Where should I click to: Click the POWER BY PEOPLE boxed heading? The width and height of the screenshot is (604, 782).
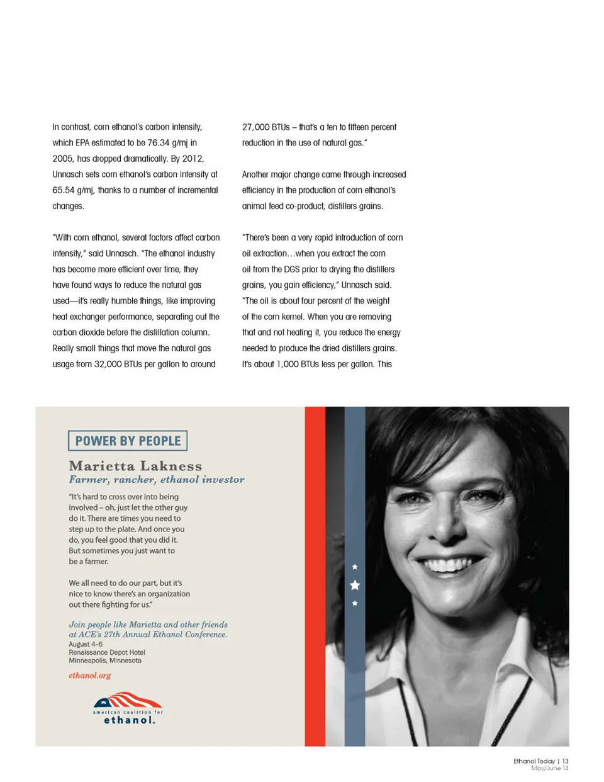pyautogui.click(x=128, y=441)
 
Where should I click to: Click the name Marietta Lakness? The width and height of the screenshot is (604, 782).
pyautogui.click(x=135, y=466)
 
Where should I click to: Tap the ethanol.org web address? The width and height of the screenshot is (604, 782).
pyautogui.click(x=89, y=676)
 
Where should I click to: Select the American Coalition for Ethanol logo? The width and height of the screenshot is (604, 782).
pyautogui.click(x=128, y=709)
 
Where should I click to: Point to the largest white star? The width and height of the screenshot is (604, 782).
pyautogui.click(x=355, y=586)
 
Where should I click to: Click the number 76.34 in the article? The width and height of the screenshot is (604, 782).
pyautogui.click(x=159, y=143)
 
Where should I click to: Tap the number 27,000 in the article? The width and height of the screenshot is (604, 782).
pyautogui.click(x=256, y=127)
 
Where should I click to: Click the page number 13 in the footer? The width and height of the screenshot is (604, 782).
pyautogui.click(x=565, y=761)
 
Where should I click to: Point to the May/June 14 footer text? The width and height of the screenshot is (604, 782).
pyautogui.click(x=549, y=768)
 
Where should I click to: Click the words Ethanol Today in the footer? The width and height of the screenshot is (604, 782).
pyautogui.click(x=534, y=761)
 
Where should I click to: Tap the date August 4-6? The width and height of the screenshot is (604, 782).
pyautogui.click(x=86, y=644)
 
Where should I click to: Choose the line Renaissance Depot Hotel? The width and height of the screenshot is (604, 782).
pyautogui.click(x=107, y=652)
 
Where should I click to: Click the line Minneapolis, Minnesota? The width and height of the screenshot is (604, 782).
pyautogui.click(x=105, y=660)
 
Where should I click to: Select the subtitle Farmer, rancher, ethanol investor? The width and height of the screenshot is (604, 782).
pyautogui.click(x=157, y=480)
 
